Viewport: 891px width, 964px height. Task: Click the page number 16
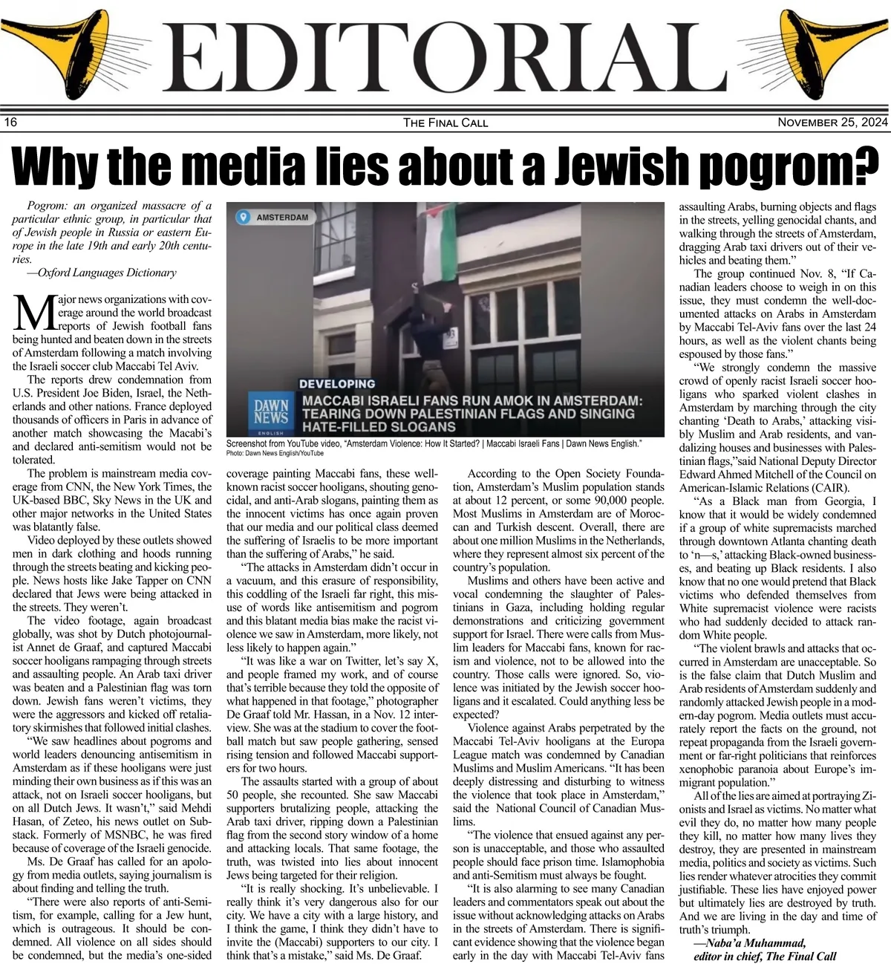pyautogui.click(x=10, y=123)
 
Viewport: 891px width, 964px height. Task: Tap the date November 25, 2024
pyautogui.click(x=832, y=123)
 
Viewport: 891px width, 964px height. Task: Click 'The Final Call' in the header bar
pyautogui.click(x=446, y=123)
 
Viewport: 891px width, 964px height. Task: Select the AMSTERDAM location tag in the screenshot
pyautogui.click(x=275, y=218)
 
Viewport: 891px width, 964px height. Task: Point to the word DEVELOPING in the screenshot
pyautogui.click(x=336, y=384)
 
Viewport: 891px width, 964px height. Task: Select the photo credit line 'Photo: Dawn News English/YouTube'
pyautogui.click(x=275, y=452)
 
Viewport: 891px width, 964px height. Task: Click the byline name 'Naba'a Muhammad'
pyautogui.click(x=750, y=942)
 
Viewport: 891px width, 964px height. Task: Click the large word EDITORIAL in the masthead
pyautogui.click(x=446, y=59)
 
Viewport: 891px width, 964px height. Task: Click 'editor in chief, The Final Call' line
pyautogui.click(x=765, y=956)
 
